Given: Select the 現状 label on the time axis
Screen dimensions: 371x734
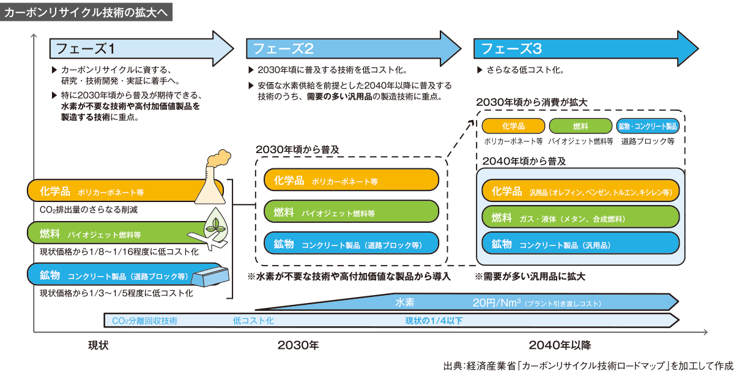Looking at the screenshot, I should point(98,345).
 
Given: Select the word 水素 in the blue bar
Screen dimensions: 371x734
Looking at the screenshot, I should point(405,302).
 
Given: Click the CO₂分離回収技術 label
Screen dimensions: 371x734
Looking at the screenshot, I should point(145,320).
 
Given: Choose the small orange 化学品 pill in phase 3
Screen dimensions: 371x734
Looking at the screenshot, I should point(513,126).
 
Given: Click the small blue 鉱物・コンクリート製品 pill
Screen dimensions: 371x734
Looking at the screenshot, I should point(648,126).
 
